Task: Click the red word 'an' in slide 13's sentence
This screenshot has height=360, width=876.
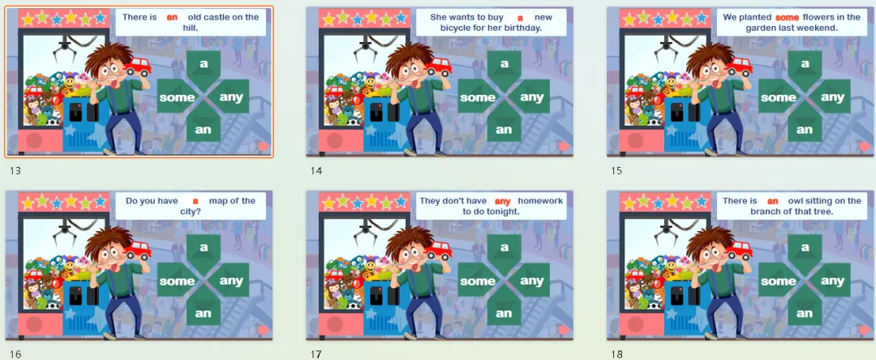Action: click(172, 17)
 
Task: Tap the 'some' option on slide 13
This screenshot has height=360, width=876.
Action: click(177, 97)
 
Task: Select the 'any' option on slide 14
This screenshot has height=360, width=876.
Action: click(532, 97)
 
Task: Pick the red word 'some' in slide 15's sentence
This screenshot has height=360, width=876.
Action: click(787, 17)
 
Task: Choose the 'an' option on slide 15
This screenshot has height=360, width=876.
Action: click(805, 130)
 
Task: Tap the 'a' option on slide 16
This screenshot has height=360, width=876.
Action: click(204, 247)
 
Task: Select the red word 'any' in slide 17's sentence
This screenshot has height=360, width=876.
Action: click(503, 201)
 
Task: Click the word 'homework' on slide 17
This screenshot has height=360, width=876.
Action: click(540, 201)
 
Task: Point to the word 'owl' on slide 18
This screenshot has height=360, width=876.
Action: click(794, 201)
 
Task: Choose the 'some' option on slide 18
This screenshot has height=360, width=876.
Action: click(778, 281)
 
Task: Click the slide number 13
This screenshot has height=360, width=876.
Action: click(15, 171)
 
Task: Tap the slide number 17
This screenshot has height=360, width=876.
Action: click(316, 354)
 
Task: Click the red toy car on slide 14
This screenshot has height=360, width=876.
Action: click(439, 66)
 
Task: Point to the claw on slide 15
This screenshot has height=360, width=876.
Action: click(665, 49)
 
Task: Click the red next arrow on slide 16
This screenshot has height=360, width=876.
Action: click(264, 330)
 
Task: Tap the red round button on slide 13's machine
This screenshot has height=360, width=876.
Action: click(33, 140)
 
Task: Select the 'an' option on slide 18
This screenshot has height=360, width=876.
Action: click(805, 313)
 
